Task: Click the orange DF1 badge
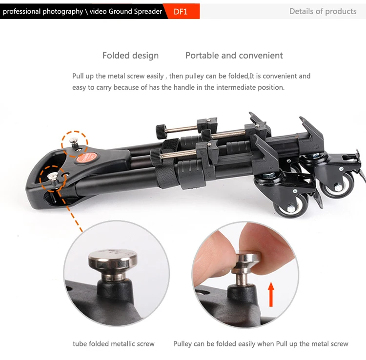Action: click(181, 11)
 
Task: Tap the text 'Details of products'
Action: click(323, 11)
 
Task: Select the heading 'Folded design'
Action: click(130, 56)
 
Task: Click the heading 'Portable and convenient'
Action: click(234, 56)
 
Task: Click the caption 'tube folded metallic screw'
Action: click(114, 344)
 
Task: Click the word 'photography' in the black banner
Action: click(62, 11)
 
